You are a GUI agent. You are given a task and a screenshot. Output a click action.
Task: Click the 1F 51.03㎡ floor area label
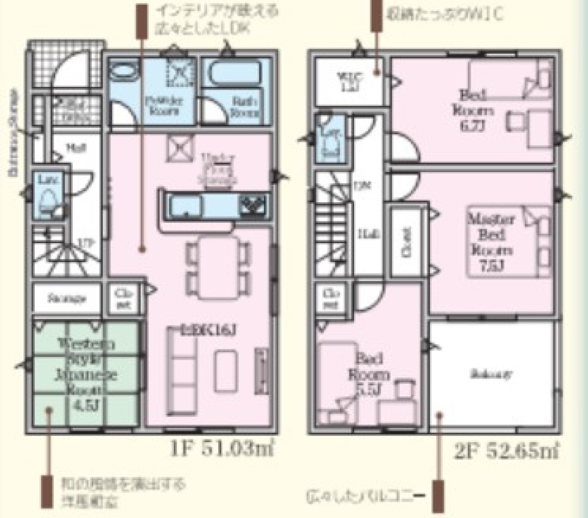pos(219,449)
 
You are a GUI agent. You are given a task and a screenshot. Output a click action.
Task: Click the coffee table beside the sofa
pos(225,371)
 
